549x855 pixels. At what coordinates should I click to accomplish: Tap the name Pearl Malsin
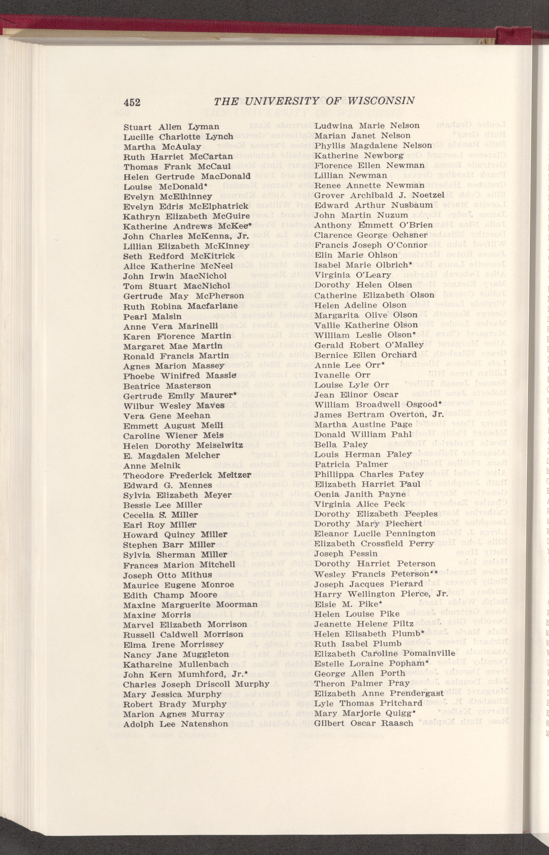[152, 316]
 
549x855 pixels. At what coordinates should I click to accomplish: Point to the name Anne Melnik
[152, 466]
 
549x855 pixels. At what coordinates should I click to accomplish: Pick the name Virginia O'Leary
[353, 275]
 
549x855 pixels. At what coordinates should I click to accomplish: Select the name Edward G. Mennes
[168, 485]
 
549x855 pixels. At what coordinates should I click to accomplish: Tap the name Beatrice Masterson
[167, 385]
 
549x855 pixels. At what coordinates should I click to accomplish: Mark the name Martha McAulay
[162, 147]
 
